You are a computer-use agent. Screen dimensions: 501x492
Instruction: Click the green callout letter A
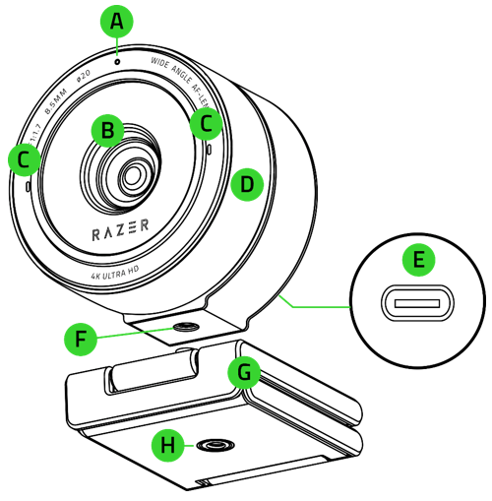(117, 21)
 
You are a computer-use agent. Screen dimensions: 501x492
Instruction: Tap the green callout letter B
(106, 129)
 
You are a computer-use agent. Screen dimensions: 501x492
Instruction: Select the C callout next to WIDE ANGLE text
(206, 123)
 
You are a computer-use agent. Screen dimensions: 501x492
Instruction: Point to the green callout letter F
(79, 340)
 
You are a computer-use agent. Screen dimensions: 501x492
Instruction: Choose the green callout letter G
(242, 372)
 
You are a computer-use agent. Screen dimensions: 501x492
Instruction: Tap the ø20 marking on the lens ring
(86, 76)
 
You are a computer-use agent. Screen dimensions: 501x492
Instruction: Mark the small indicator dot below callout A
(117, 61)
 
